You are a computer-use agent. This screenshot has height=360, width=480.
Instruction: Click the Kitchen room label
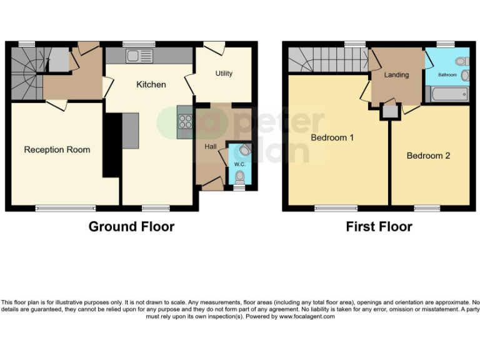151,84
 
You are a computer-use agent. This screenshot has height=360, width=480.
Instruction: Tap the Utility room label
224,74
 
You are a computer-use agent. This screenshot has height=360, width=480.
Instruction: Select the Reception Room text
57,150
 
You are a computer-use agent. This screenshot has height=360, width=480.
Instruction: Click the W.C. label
239,164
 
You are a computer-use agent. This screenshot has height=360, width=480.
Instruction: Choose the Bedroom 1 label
332,137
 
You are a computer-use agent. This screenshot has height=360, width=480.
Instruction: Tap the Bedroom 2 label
428,156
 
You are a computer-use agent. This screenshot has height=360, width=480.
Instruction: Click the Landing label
396,75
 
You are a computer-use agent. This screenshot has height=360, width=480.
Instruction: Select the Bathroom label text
447,75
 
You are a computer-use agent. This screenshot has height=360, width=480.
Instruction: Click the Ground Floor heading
131,226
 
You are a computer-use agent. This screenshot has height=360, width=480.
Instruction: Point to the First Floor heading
379,226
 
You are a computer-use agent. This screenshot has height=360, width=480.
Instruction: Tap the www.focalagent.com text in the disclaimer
307,317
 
